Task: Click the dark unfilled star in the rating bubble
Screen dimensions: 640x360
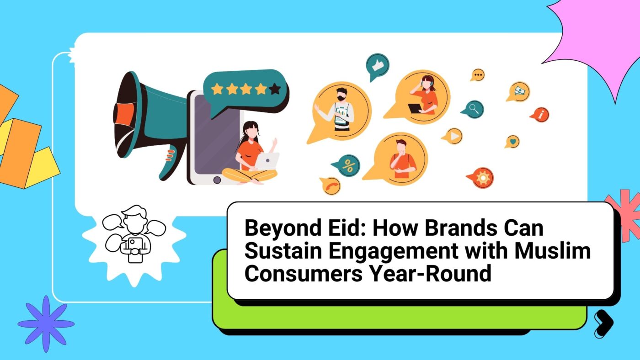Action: click(x=275, y=89)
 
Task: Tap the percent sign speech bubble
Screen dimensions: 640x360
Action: click(x=347, y=165)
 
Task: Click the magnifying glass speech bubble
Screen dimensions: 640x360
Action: click(x=473, y=109)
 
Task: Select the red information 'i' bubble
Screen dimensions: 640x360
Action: click(x=540, y=115)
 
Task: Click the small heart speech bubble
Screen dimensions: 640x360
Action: click(x=512, y=142)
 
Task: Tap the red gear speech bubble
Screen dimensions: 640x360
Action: click(x=481, y=178)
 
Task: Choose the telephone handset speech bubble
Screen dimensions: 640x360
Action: click(x=331, y=185)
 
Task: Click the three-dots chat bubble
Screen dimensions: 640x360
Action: click(x=478, y=75)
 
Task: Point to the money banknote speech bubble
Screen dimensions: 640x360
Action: click(x=519, y=92)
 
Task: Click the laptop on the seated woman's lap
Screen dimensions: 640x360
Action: click(x=267, y=161)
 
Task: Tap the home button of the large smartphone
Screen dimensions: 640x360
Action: click(x=217, y=180)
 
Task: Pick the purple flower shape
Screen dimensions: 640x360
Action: click(x=46, y=324)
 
